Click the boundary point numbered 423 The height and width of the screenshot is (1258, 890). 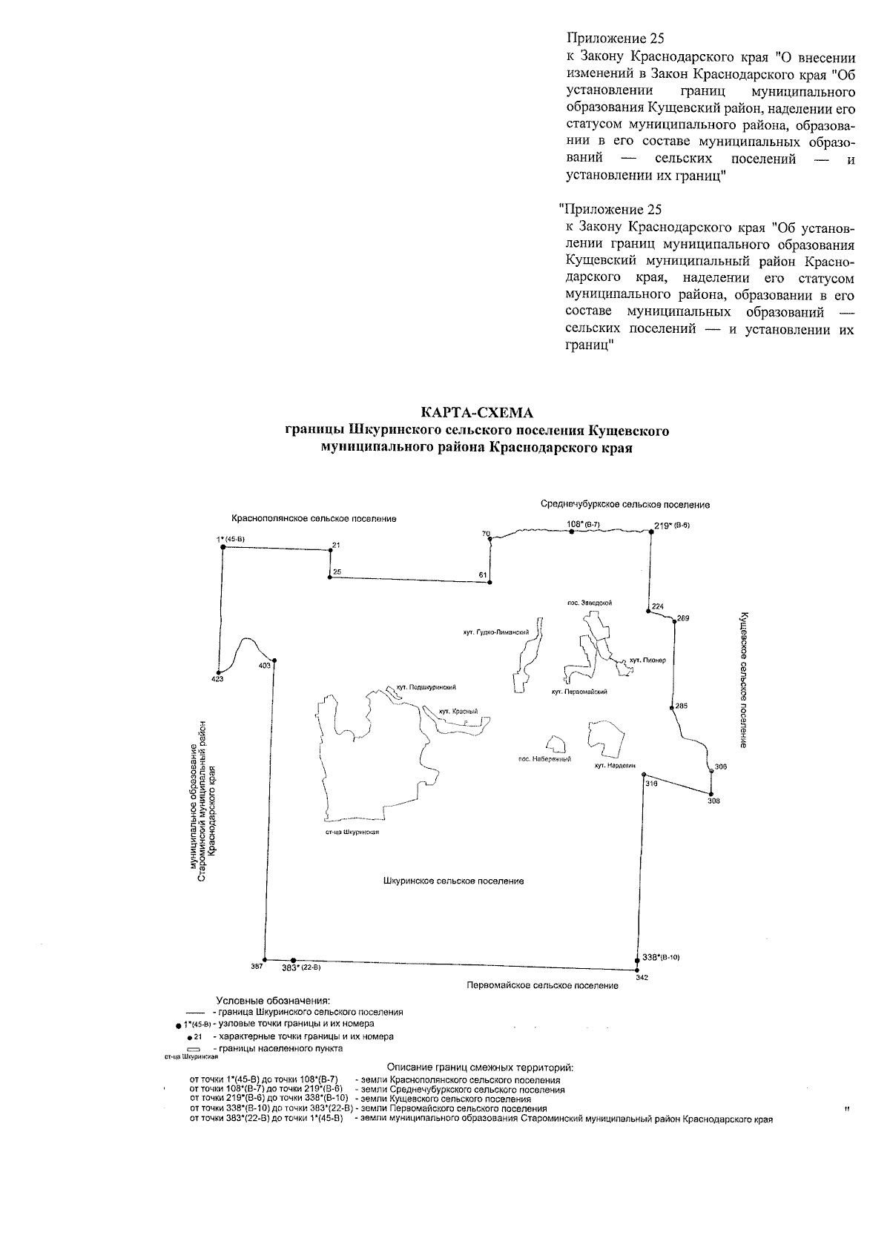click(217, 671)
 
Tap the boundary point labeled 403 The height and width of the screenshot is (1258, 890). click(274, 660)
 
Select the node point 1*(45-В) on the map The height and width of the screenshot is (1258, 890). click(222, 547)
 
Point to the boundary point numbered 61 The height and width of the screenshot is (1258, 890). click(489, 583)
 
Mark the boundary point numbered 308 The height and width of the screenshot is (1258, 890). click(711, 795)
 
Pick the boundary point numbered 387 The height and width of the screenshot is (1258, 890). click(265, 959)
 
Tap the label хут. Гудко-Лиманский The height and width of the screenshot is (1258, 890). click(495, 633)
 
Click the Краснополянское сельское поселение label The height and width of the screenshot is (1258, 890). click(314, 519)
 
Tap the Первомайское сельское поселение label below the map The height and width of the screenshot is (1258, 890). click(542, 985)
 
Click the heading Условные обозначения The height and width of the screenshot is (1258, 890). click(272, 1001)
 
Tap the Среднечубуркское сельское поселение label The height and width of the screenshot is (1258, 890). click(625, 505)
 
